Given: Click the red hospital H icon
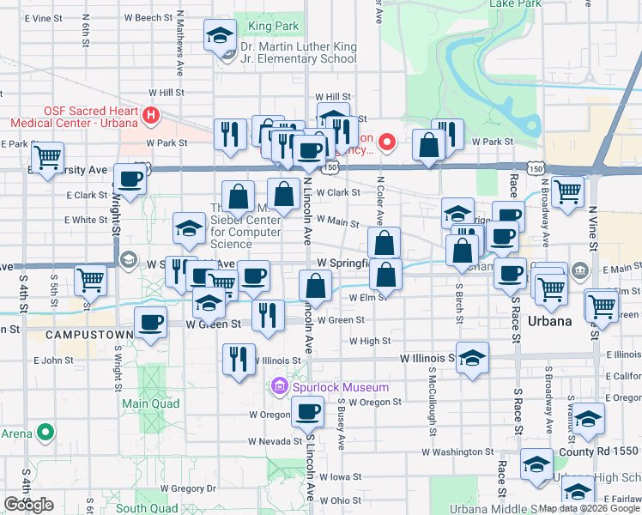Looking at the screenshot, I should point(152,113).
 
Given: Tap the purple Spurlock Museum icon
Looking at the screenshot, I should point(278,388).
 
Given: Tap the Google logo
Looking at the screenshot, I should point(28,505).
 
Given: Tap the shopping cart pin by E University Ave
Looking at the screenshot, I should point(48,157).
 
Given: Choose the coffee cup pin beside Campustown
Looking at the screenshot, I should point(151,323).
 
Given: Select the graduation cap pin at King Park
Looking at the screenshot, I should point(221,36).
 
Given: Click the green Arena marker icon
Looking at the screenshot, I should point(47,433).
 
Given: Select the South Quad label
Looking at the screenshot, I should point(147,508).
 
